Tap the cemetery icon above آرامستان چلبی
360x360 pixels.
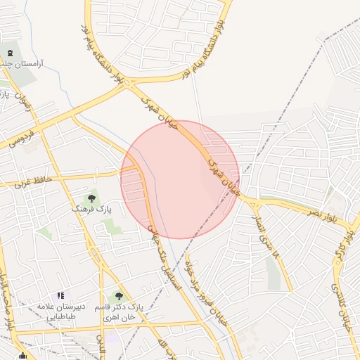point(10,53)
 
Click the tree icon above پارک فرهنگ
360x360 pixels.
point(91,198)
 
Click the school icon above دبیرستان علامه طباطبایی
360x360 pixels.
point(60,296)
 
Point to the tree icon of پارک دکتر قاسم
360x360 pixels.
point(119,296)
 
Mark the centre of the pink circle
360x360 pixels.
point(180,179)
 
